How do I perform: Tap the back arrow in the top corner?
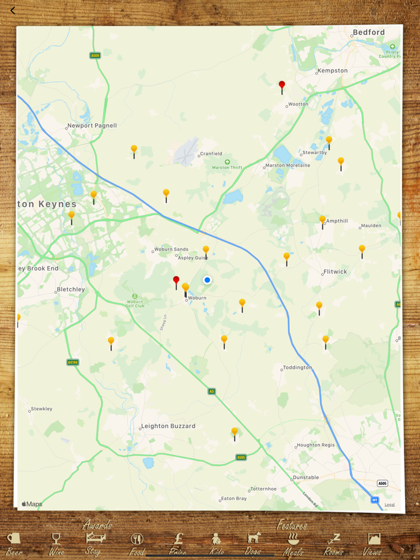pos(13,10)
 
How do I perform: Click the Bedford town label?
pos(368,32)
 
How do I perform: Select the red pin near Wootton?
pos(282,85)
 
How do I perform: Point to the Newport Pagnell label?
pos(92,126)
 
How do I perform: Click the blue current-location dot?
pos(208,280)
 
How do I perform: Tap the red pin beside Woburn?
pos(176,280)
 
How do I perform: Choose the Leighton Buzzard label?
pos(168,426)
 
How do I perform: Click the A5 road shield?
pos(211,391)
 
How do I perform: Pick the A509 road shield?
pos(95,56)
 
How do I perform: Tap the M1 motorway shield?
pos(374,499)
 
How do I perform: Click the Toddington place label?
pos(297,368)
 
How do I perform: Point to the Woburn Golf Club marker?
pos(135,296)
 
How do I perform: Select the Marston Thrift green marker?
pos(227,162)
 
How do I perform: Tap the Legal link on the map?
pos(389,504)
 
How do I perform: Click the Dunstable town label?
pos(305,478)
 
